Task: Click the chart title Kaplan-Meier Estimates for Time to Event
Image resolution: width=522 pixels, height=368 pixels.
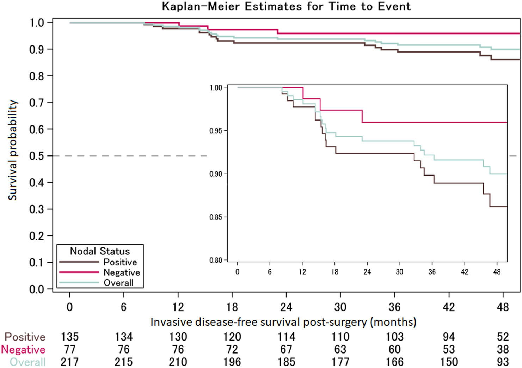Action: click(x=286, y=6)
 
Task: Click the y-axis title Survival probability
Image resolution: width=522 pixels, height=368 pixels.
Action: click(x=13, y=150)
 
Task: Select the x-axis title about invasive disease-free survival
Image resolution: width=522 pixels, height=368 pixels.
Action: click(x=283, y=322)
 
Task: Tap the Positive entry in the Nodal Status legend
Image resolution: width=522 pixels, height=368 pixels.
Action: click(x=120, y=262)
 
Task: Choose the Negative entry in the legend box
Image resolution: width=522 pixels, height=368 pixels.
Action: click(x=122, y=272)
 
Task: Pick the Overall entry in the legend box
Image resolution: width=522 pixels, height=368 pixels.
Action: click(x=118, y=283)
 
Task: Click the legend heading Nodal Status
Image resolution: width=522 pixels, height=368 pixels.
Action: click(x=100, y=251)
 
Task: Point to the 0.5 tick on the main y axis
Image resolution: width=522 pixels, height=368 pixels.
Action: click(x=36, y=156)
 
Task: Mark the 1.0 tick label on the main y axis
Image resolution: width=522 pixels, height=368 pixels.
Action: click(x=36, y=23)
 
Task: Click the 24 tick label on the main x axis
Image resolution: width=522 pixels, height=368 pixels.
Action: click(x=286, y=307)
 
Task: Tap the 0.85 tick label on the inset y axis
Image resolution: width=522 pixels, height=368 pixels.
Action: click(x=216, y=217)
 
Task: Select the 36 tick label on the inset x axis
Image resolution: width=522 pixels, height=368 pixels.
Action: click(x=432, y=272)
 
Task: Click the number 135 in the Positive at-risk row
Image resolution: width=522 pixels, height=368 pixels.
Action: click(x=69, y=337)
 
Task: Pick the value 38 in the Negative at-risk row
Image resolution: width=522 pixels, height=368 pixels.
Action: click(x=503, y=349)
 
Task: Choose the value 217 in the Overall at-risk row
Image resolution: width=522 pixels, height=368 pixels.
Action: click(x=69, y=362)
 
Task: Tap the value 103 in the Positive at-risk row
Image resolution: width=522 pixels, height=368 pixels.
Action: click(x=394, y=337)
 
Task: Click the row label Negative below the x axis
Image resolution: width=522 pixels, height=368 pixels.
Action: click(x=23, y=349)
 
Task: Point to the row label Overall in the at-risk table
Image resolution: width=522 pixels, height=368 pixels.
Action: click(x=27, y=362)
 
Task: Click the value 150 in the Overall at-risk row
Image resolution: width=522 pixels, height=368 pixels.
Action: click(x=449, y=362)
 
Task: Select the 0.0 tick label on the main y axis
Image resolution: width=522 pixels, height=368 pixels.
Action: click(x=36, y=289)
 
